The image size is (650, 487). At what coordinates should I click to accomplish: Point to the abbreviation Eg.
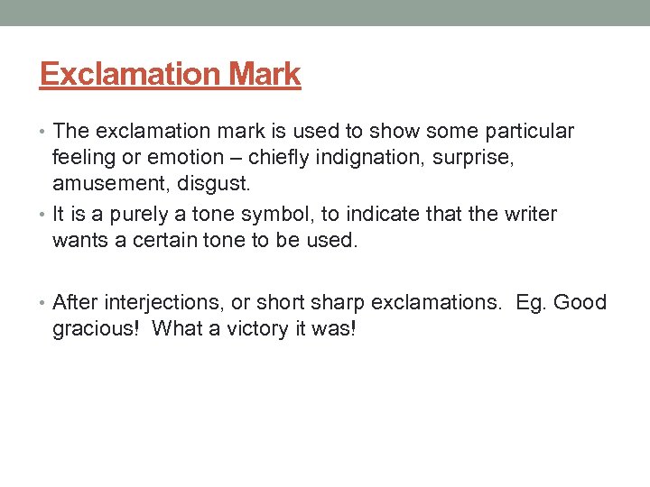(529, 302)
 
